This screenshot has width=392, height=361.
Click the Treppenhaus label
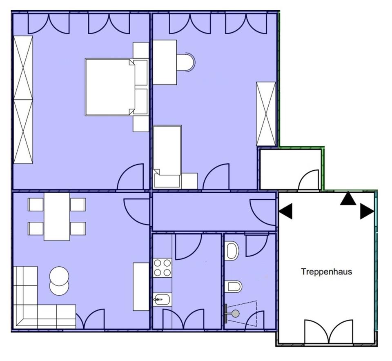click(326, 272)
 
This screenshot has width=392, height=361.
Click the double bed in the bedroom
click(110, 87)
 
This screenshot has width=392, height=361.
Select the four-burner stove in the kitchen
click(162, 268)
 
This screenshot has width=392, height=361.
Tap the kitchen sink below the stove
click(162, 300)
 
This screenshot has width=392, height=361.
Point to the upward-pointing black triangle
click(348, 198)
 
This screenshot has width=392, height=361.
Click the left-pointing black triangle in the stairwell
click(286, 212)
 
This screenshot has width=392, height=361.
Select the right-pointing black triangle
click(367, 212)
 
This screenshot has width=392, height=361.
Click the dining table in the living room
click(57, 216)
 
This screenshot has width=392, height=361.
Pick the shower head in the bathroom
click(235, 314)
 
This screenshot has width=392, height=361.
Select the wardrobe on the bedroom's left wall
click(23, 100)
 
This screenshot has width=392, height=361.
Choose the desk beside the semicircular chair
click(165, 62)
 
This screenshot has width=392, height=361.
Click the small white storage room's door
click(309, 181)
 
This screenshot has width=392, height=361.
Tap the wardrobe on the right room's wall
click(266, 114)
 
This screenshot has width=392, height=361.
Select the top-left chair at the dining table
click(36, 204)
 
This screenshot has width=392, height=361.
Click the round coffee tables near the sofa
click(59, 281)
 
